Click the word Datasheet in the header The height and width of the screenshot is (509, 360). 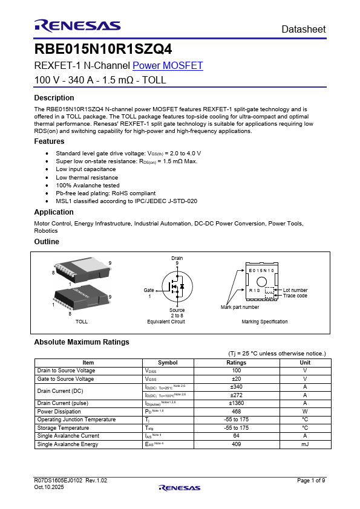pyautogui.click(x=304, y=29)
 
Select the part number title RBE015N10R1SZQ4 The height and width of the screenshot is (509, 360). pyautogui.click(x=99, y=50)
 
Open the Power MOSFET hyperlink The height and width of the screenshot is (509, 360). pyautogui.click(x=168, y=66)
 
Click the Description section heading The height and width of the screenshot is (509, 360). pyautogui.click(x=54, y=98)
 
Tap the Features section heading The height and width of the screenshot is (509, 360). pyautogui.click(x=49, y=141)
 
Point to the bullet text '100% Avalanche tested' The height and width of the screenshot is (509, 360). pyautogui.click(x=87, y=186)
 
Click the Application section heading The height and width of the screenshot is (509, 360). pyautogui.click(x=54, y=212)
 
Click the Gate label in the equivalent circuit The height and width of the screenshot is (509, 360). pyautogui.click(x=149, y=290)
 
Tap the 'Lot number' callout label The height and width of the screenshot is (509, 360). pyautogui.click(x=295, y=290)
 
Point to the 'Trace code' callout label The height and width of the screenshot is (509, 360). pyautogui.click(x=295, y=296)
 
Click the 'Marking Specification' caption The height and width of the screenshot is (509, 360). pyautogui.click(x=264, y=322)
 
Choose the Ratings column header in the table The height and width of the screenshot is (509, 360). pyautogui.click(x=237, y=362)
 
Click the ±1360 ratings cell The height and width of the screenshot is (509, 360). pyautogui.click(x=237, y=403)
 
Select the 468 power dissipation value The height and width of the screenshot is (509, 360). pyautogui.click(x=237, y=411)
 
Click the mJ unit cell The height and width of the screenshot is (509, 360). pyautogui.click(x=305, y=444)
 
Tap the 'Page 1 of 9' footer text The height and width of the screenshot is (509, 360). pyautogui.click(x=311, y=481)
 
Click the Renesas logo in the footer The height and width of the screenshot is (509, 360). pyautogui.click(x=180, y=488)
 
